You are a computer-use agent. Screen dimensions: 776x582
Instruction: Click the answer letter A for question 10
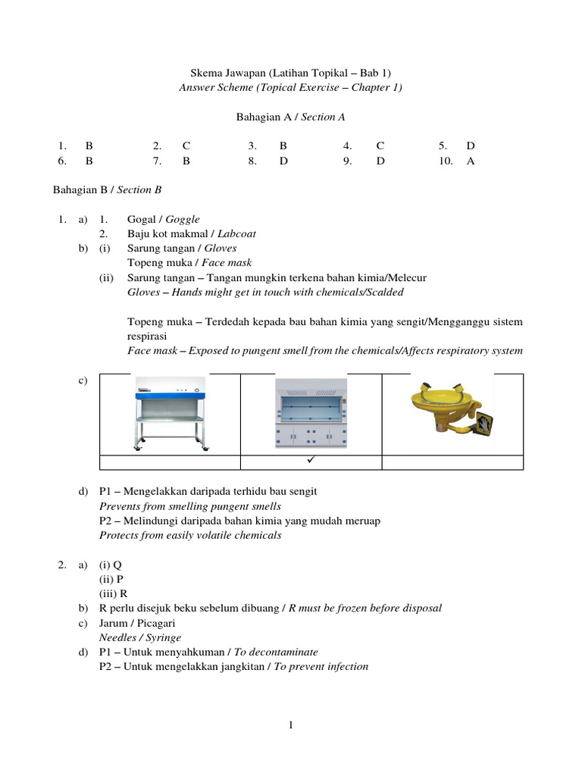tap(471, 161)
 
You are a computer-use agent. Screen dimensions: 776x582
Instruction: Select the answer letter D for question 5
tap(471, 145)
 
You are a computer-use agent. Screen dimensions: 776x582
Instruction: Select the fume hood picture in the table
tap(311, 414)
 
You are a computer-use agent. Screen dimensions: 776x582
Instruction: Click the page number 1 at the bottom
tap(290, 725)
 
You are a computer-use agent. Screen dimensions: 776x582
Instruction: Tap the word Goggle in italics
tap(183, 219)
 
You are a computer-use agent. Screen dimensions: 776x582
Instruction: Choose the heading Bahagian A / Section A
tap(291, 117)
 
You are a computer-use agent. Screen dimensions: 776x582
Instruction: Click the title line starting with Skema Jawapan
tap(291, 73)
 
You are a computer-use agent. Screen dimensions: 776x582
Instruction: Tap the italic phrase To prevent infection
tap(321, 667)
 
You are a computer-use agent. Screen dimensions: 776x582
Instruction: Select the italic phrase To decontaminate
tap(276, 652)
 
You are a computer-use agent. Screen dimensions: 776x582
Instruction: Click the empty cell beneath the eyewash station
tap(452, 462)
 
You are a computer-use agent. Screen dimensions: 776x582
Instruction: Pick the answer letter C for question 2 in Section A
tap(186, 145)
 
